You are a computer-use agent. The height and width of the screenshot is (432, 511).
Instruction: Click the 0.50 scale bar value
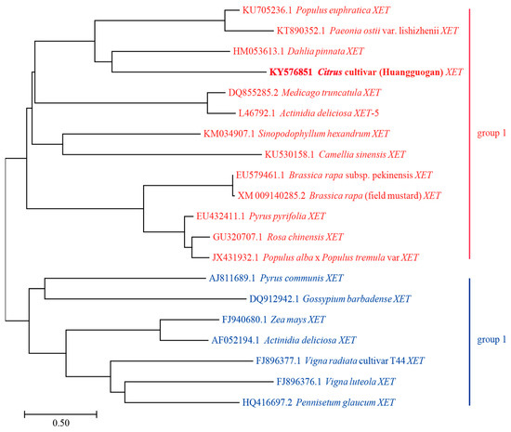(x=60, y=422)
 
